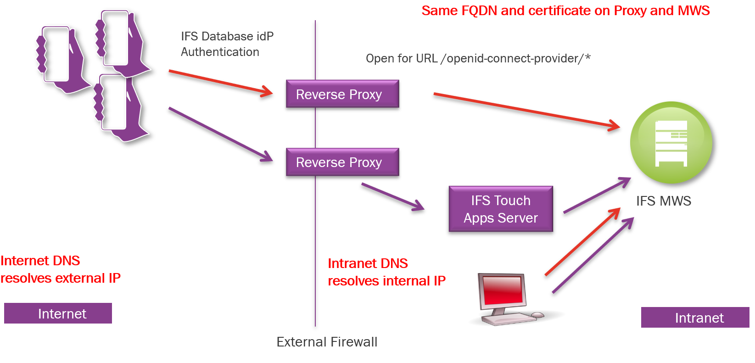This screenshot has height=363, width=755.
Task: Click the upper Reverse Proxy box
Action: click(x=342, y=94)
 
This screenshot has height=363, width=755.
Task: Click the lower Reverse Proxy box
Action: click(x=342, y=162)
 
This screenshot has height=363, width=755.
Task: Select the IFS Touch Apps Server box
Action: click(x=501, y=209)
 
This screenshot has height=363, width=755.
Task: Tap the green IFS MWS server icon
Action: click(x=671, y=143)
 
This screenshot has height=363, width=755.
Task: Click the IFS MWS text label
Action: click(x=663, y=201)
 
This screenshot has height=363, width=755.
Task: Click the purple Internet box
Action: click(x=58, y=313)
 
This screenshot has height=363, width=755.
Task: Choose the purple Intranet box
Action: click(x=695, y=318)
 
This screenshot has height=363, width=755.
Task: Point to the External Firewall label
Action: click(x=327, y=342)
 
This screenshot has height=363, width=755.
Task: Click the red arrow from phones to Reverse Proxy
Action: click(x=220, y=83)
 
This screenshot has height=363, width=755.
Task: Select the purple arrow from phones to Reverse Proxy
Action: click(x=220, y=134)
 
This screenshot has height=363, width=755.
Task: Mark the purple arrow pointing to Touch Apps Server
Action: click(x=392, y=196)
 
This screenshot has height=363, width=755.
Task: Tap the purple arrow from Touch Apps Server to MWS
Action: click(x=597, y=195)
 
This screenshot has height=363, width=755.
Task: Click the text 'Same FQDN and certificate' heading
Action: click(x=565, y=11)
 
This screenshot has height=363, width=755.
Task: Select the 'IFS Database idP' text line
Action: click(x=227, y=36)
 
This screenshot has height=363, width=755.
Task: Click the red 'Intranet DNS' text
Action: click(x=368, y=263)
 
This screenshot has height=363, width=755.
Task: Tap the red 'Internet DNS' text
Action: click(x=40, y=261)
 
